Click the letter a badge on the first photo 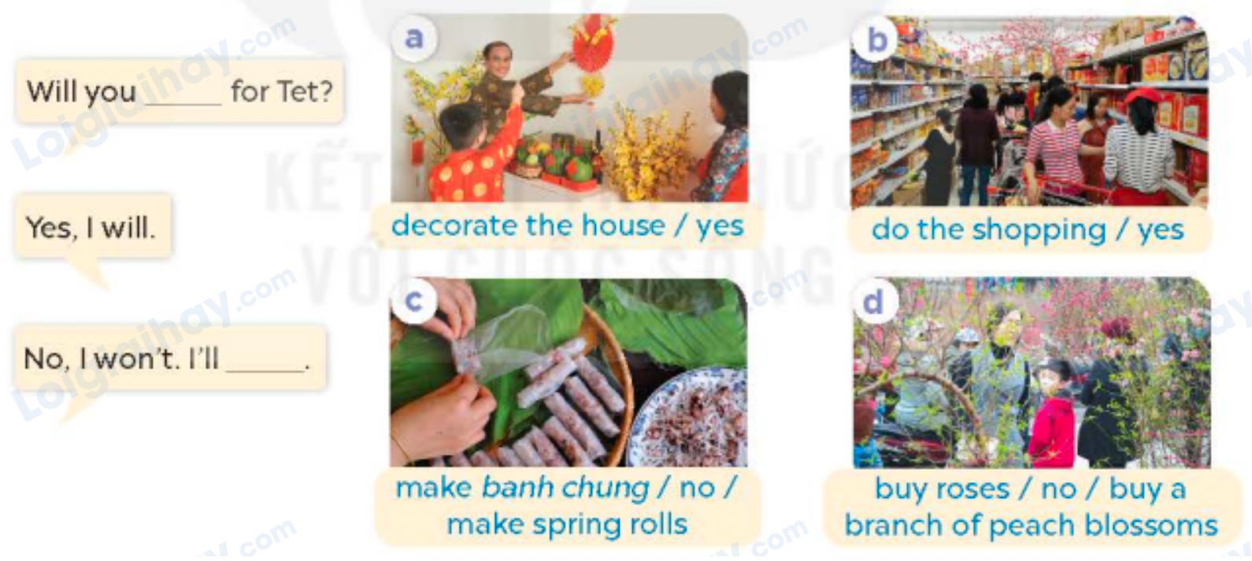[x=413, y=37]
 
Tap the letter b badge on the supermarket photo [x=876, y=39]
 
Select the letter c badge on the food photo [x=413, y=301]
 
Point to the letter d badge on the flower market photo [x=873, y=302]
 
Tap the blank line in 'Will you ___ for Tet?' [x=183, y=101]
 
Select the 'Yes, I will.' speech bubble [x=91, y=228]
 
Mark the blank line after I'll [x=265, y=366]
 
